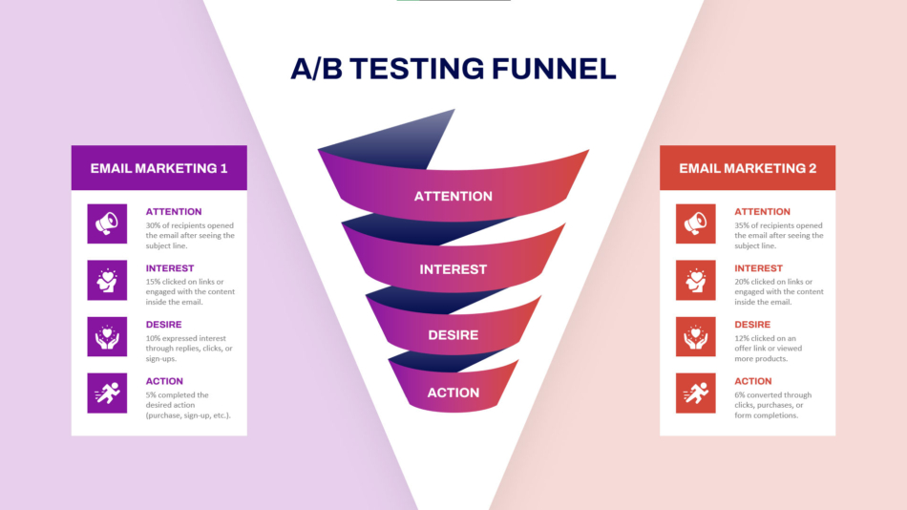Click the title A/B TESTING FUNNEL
pos(453,69)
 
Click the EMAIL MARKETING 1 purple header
pos(158,168)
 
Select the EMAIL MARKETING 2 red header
pos(748,168)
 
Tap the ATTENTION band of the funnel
pos(453,196)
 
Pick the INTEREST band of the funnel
pos(453,269)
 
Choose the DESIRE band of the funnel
pos(453,335)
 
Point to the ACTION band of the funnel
pos(453,393)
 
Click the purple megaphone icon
pos(107,223)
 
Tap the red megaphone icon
pos(696,223)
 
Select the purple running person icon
pos(107,393)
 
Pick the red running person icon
pos(696,393)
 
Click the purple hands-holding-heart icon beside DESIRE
pos(107,336)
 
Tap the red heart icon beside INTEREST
pos(696,280)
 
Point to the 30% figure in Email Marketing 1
pos(154,226)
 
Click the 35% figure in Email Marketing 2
pos(743,226)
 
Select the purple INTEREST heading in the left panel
pos(170,268)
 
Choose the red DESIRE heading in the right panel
pos(753,325)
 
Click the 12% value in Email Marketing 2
pos(742,339)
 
